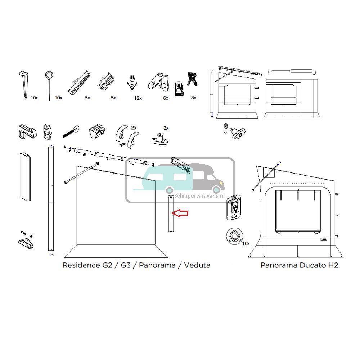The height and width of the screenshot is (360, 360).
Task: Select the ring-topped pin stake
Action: point(49,83)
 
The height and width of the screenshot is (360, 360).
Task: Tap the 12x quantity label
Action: point(138,98)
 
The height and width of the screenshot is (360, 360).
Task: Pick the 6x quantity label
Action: point(166,98)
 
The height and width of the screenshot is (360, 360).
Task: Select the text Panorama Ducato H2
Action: point(299,265)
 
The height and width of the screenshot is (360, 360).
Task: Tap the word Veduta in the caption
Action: point(197,265)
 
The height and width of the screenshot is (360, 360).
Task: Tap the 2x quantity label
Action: point(134,128)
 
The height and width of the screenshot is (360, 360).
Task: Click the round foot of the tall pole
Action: point(51,255)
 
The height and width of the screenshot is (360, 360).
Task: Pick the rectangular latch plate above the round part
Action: point(233,208)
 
